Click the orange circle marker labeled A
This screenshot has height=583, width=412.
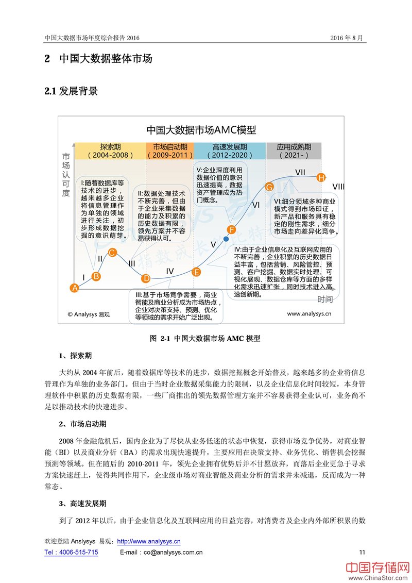pyautogui.click(x=75, y=288)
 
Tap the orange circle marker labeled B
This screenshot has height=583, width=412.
pyautogui.click(x=96, y=276)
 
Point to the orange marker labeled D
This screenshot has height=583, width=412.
pyautogui.click(x=146, y=278)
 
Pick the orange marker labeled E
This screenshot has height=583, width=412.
pyautogui.click(x=196, y=272)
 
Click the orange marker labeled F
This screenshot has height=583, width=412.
pyautogui.click(x=232, y=229)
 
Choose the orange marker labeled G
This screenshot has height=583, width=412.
pyautogui.click(x=269, y=187)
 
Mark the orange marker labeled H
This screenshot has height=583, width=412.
pyautogui.click(x=321, y=178)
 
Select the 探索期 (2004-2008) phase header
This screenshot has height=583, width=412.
pyautogui.click(x=110, y=151)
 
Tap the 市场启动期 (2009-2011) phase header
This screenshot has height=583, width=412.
pyautogui.click(x=170, y=151)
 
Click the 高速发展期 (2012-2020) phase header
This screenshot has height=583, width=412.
pyautogui.click(x=230, y=151)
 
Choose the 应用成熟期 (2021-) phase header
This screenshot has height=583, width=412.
pyautogui.click(x=293, y=151)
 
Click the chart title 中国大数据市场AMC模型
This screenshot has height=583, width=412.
pyautogui.click(x=201, y=129)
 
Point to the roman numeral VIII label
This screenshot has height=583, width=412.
pyautogui.click(x=338, y=186)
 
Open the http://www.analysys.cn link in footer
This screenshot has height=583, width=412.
pyautogui.click(x=149, y=542)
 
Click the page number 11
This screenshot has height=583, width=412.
pyautogui.click(x=362, y=552)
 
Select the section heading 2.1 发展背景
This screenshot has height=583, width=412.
pyautogui.click(x=71, y=92)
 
